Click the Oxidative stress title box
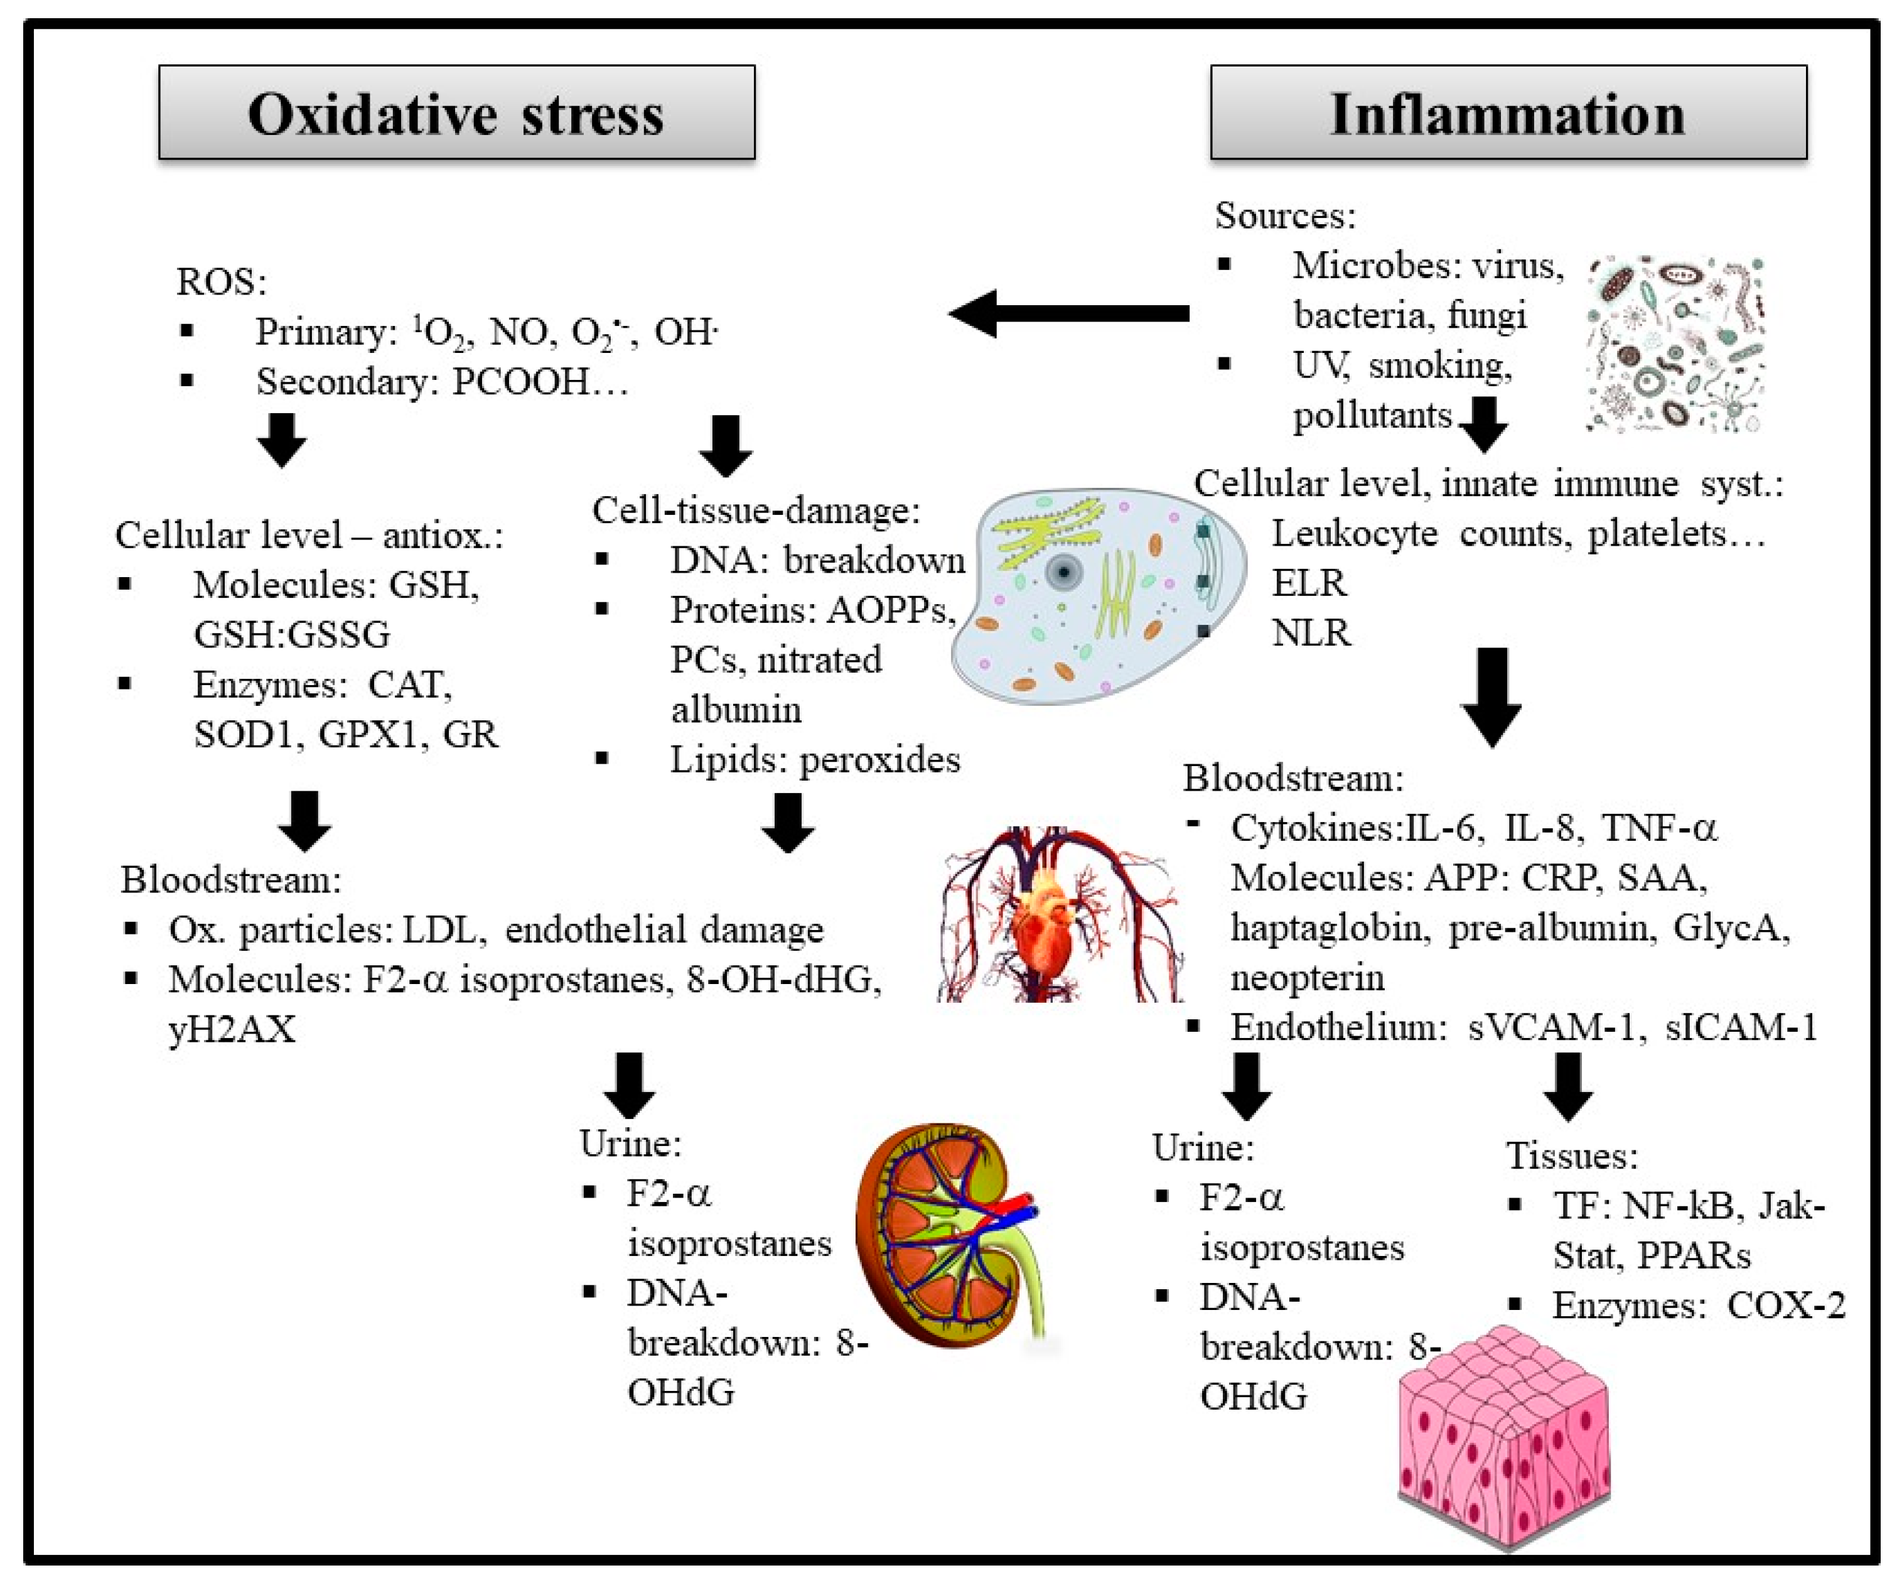pyautogui.click(x=456, y=113)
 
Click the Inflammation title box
pyautogui.click(x=1508, y=113)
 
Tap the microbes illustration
pyautogui.click(x=1675, y=344)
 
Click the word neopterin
pyautogui.click(x=1307, y=978)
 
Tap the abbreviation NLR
pyautogui.click(x=1311, y=632)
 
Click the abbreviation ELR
pyautogui.click(x=1309, y=583)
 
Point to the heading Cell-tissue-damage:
pyautogui.click(x=756, y=511)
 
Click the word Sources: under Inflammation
pyautogui.click(x=1284, y=215)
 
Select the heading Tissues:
pyautogui.click(x=1572, y=1155)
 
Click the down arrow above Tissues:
pyautogui.click(x=1567, y=1087)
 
